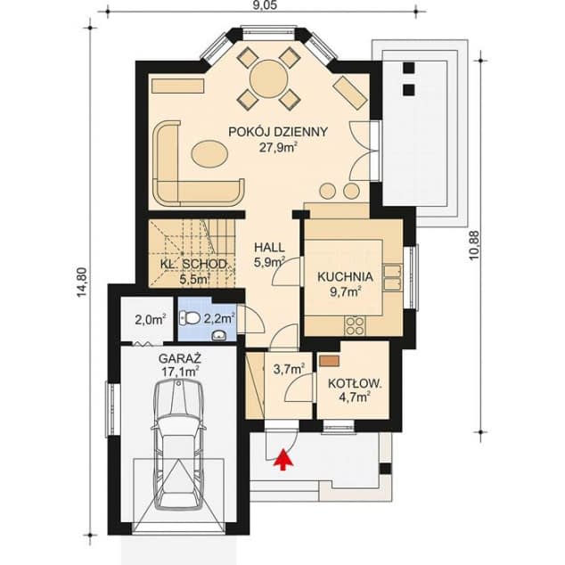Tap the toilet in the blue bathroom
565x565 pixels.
190,318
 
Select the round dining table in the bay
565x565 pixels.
269,78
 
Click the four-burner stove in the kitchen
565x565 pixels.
355,326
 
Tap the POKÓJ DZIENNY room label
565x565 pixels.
278,132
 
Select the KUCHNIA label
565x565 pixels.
345,277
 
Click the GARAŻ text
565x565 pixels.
180,358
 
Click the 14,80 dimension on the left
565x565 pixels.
83,282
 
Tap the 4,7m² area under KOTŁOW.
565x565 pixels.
355,397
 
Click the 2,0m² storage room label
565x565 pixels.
151,320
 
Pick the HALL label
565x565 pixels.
269,248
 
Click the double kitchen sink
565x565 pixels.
392,277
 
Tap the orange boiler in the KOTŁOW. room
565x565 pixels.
330,361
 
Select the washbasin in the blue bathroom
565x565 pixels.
218,335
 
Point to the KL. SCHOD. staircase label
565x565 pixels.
193,264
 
